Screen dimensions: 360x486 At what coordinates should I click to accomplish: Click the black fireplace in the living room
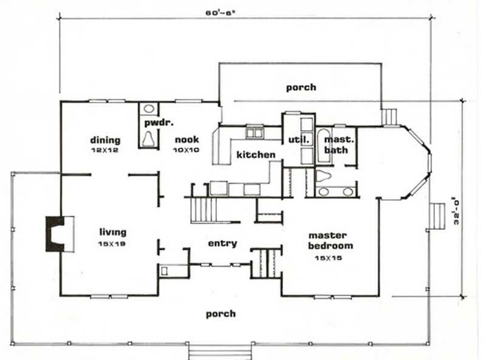(x=53, y=234)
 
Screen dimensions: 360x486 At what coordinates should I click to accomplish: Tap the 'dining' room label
(x=105, y=140)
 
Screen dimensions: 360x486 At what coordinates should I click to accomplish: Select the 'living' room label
(x=113, y=232)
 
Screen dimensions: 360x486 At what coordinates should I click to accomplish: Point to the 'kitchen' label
(x=256, y=155)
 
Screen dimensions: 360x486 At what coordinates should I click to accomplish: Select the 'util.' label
(x=299, y=140)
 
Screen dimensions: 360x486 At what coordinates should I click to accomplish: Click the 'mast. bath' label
(x=339, y=144)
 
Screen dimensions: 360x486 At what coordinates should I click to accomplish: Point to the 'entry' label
(x=222, y=243)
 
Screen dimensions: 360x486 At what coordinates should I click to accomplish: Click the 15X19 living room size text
(x=113, y=243)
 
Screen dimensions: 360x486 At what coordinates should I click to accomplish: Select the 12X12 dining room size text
(x=105, y=150)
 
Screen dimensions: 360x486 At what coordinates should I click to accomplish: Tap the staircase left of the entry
(x=201, y=210)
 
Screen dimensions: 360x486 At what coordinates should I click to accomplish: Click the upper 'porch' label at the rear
(x=301, y=87)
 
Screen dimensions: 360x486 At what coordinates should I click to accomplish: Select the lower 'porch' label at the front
(x=220, y=314)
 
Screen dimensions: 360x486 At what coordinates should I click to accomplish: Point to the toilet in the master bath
(x=324, y=176)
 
